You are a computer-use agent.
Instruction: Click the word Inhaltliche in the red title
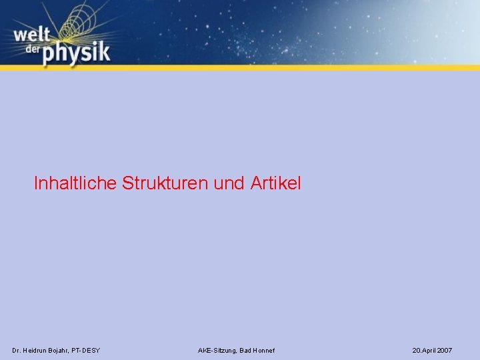[76, 183]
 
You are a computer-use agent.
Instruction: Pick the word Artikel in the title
[277, 183]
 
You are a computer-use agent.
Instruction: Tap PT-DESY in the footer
[87, 350]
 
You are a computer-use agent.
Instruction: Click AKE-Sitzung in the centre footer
[217, 350]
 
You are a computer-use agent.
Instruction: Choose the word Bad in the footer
[246, 350]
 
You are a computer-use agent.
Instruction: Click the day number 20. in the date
[417, 350]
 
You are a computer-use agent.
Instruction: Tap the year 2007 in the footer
[445, 350]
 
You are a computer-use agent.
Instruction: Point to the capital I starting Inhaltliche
[36, 183]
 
